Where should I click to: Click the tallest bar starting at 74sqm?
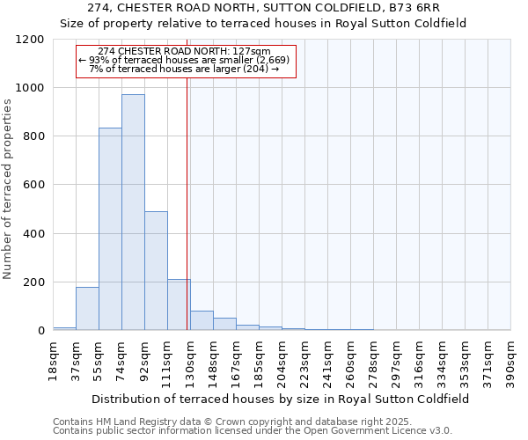pos(133,212)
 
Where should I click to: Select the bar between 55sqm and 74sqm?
pos(110,229)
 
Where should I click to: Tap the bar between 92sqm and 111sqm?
pos(156,271)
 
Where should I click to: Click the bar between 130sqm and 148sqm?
pos(202,321)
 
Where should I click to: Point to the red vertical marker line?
pos(187,220)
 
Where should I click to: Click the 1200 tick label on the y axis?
pos(31,40)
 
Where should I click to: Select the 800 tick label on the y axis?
pos(34,136)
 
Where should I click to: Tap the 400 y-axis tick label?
pos(34,234)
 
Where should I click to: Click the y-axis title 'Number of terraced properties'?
pos(8,188)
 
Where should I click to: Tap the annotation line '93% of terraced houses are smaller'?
pos(187,60)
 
